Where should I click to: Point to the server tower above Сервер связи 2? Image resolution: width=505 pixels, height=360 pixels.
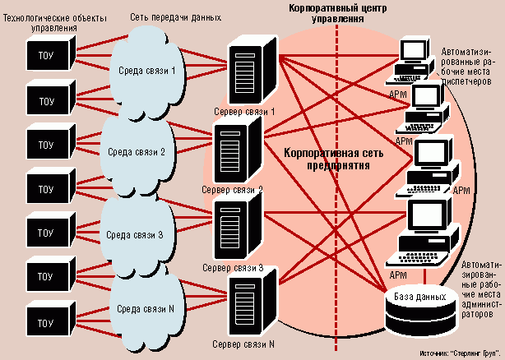click(x=238, y=152)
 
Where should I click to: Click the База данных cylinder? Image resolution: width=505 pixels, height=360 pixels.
click(x=421, y=309)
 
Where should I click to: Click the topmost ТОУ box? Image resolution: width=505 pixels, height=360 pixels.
click(x=50, y=53)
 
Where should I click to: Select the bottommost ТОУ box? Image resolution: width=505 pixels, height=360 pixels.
click(x=50, y=319)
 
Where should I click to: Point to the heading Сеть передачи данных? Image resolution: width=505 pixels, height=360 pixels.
click(x=175, y=17)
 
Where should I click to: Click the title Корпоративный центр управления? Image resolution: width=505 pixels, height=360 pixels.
click(x=337, y=13)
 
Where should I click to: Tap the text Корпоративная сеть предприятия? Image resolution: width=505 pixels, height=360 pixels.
click(x=334, y=159)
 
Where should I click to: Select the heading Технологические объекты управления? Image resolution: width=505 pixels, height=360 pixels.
click(x=55, y=22)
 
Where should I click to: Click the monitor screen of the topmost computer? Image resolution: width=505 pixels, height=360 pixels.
click(x=414, y=50)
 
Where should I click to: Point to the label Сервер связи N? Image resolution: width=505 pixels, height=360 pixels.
click(x=243, y=344)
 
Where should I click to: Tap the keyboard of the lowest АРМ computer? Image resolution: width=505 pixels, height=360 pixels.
click(x=416, y=258)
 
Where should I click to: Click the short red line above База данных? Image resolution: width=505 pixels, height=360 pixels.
click(x=424, y=276)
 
